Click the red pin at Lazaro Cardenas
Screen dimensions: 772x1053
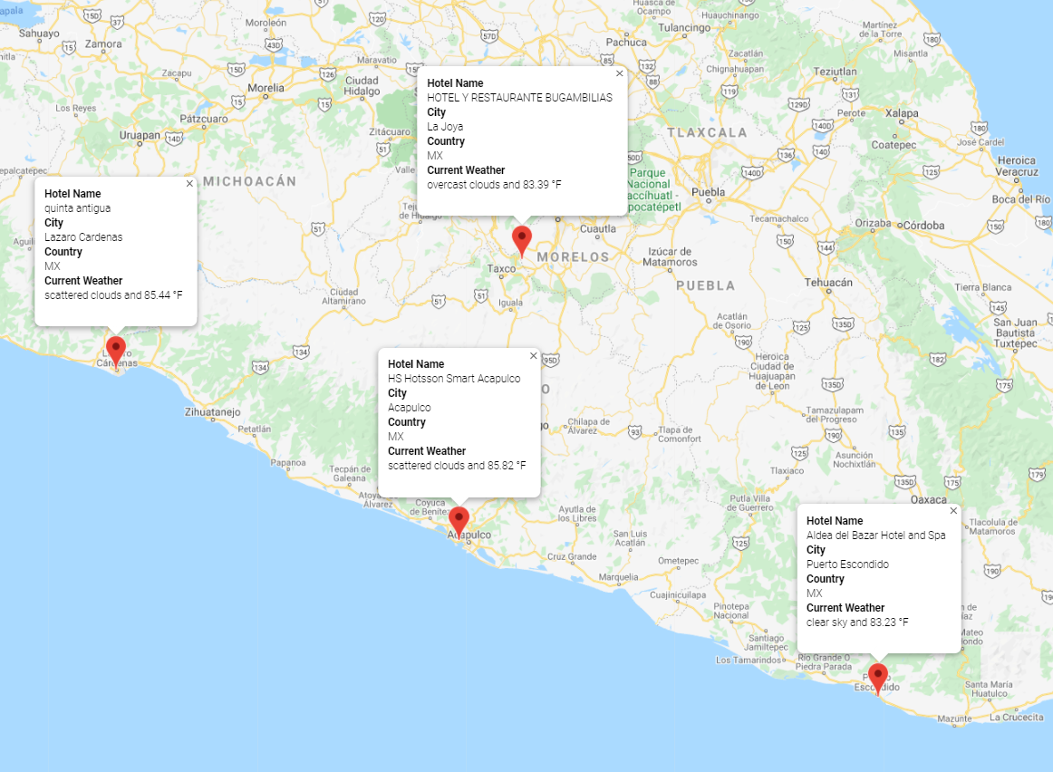tap(115, 350)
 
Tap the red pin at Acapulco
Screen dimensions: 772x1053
tap(459, 521)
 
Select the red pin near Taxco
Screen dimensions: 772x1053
tap(521, 240)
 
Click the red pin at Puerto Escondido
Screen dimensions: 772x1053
tap(877, 677)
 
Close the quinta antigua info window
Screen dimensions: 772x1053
tap(189, 183)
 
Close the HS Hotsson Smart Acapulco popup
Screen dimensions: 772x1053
tap(533, 355)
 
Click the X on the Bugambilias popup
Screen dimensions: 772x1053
tap(620, 73)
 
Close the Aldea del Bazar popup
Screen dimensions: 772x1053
tap(953, 511)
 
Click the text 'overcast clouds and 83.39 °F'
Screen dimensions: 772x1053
tap(494, 185)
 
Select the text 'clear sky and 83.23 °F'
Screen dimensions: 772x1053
tap(856, 622)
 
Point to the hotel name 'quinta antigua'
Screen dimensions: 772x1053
tap(77, 208)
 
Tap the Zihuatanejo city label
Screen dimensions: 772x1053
tap(213, 411)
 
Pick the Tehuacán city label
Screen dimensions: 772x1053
tap(829, 283)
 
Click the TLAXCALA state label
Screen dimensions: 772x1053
tap(708, 132)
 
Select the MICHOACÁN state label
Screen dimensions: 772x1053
tap(249, 181)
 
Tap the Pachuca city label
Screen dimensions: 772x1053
tap(627, 42)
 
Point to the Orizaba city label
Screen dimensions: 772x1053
tap(874, 223)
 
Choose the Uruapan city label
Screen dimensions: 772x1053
tap(140, 135)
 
